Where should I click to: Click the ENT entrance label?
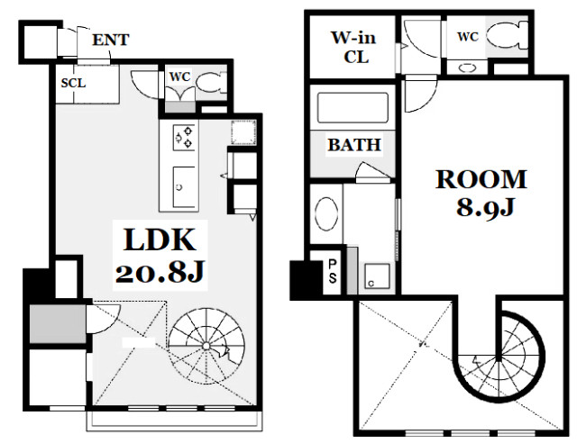[110, 40]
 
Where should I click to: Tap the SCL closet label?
[73, 83]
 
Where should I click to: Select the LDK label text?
[160, 240]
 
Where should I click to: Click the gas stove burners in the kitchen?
[184, 137]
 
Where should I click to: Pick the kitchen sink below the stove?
[184, 186]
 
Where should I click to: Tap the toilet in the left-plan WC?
[210, 84]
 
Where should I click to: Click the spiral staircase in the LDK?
[206, 346]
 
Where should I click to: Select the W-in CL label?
[353, 48]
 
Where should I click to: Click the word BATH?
[354, 144]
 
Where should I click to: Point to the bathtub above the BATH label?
[353, 108]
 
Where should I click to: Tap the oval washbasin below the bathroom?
[326, 214]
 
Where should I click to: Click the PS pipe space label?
[333, 271]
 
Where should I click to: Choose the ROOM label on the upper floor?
[481, 180]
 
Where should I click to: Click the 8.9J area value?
[485, 207]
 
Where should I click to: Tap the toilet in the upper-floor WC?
[507, 35]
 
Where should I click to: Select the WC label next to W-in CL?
[468, 37]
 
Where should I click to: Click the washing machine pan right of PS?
[377, 276]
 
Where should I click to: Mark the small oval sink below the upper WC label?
[467, 68]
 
